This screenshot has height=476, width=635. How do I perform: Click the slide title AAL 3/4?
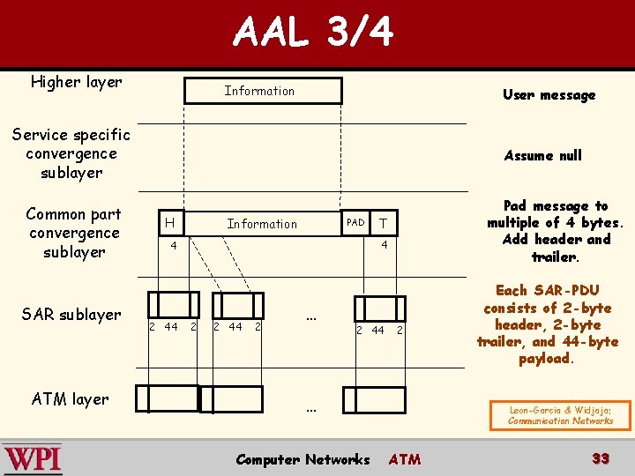(x=313, y=33)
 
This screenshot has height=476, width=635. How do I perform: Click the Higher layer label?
(x=76, y=82)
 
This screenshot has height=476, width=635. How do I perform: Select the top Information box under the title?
(x=262, y=91)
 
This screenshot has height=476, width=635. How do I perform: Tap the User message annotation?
(x=549, y=95)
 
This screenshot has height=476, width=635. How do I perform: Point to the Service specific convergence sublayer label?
(x=71, y=153)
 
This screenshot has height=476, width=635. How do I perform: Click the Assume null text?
(x=542, y=155)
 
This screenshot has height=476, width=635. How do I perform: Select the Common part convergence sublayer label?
(x=74, y=233)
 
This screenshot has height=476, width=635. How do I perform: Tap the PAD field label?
(x=355, y=222)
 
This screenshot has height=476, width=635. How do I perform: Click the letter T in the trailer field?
(x=383, y=223)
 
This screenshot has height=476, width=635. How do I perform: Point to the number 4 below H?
(x=174, y=244)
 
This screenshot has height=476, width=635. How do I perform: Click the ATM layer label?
(x=71, y=398)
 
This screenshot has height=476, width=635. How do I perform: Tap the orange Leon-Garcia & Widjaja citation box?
(x=560, y=415)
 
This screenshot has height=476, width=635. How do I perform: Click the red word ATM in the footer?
(x=405, y=459)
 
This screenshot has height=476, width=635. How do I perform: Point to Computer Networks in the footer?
(x=303, y=459)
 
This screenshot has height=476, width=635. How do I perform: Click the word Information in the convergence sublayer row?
(x=262, y=224)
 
